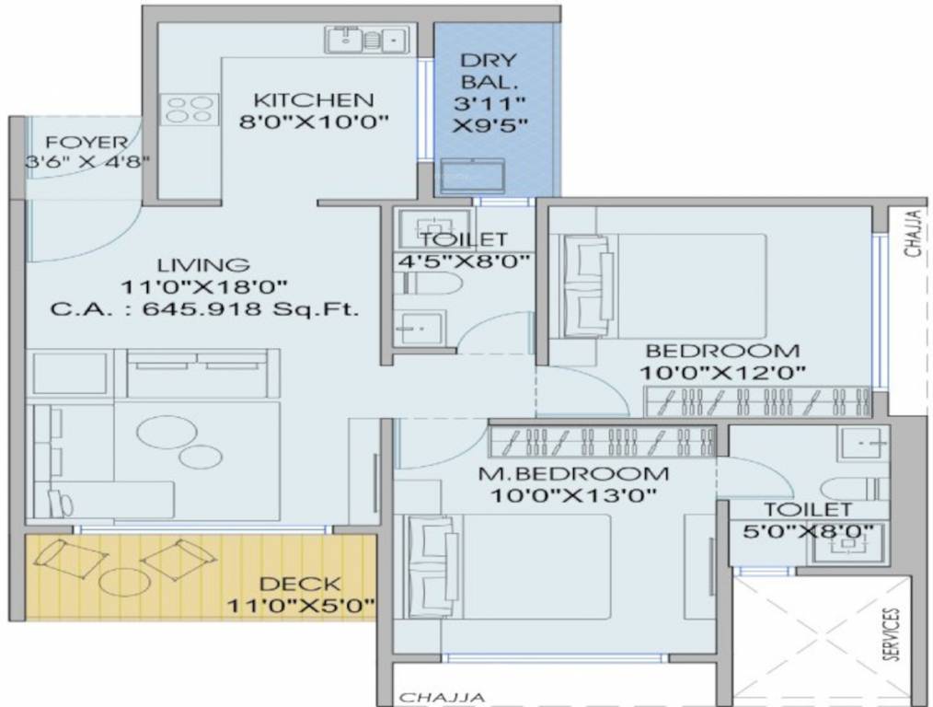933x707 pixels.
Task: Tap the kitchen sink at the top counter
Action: coord(366,41)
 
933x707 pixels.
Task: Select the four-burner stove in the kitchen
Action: coord(190,110)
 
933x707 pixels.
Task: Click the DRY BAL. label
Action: coord(489,70)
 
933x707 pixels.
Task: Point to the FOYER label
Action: coord(86,143)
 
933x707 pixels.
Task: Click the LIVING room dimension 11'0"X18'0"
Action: coord(204,287)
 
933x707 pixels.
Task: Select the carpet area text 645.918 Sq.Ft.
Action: coord(250,309)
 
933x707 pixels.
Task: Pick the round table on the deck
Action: coord(125,583)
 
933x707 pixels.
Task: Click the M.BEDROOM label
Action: coord(573,474)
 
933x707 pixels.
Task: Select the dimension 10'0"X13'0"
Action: coord(573,494)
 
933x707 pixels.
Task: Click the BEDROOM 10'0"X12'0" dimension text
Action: coord(722,373)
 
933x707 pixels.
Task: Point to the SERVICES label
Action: coord(891,634)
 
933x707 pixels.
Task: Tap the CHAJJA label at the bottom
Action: coord(442,698)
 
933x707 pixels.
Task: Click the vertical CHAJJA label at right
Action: coord(916,233)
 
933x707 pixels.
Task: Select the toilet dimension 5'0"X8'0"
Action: coord(808,531)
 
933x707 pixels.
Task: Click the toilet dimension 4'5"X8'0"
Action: coord(462,261)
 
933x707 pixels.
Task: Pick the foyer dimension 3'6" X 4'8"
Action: coord(86,161)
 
